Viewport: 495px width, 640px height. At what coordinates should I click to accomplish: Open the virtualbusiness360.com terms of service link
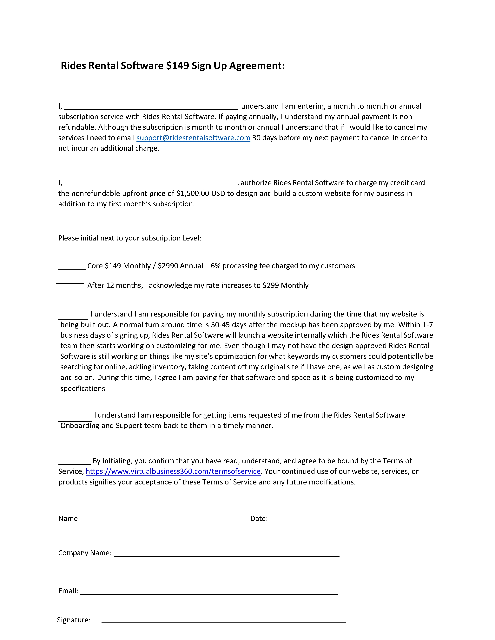[x=173, y=471]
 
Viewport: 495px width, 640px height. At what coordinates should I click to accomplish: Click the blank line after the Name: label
[x=166, y=521]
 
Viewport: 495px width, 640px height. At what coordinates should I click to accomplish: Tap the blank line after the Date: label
[x=304, y=521]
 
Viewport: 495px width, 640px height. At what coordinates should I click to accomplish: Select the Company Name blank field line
[x=226, y=555]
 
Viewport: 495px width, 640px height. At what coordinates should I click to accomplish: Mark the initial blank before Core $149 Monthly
[x=72, y=268]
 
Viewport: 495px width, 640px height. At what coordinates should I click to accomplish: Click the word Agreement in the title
[x=257, y=66]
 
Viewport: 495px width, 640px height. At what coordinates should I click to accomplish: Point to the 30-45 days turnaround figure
[x=221, y=325]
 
